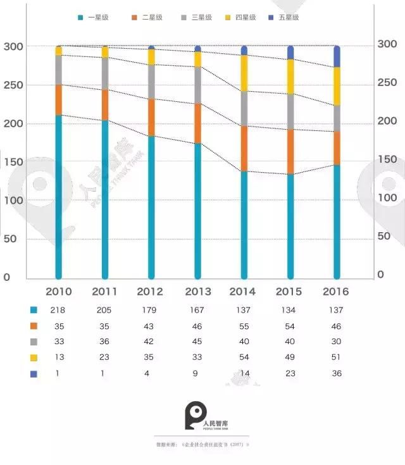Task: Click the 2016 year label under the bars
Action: (x=336, y=292)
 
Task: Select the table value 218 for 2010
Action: (x=59, y=310)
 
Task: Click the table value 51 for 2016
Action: (x=336, y=357)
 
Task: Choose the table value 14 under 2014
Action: (x=243, y=373)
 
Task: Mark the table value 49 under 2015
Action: (x=290, y=357)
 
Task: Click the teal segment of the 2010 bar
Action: (x=59, y=196)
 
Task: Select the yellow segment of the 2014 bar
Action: (x=244, y=73)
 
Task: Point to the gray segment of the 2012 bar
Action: (x=151, y=82)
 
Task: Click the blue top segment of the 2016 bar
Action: (x=337, y=56)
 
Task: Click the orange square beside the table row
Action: (x=34, y=326)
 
